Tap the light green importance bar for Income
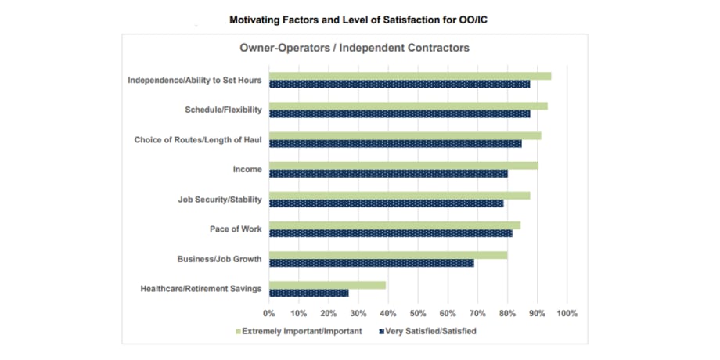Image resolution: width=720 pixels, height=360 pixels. tap(403, 166)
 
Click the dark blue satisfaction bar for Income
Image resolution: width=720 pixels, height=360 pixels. tap(388, 174)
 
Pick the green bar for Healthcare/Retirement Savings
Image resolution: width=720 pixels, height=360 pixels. tap(327, 285)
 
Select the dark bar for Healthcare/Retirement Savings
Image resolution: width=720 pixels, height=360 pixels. tap(308, 293)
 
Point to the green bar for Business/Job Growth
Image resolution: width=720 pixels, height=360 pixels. tap(388, 255)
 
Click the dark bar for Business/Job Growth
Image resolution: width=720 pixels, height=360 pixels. tap(371, 263)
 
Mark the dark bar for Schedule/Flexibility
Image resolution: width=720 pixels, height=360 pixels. tap(399, 114)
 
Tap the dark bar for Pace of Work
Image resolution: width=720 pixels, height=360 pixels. tap(391, 233)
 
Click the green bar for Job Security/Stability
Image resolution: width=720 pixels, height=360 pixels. tap(399, 196)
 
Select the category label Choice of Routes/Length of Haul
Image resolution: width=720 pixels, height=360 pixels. tap(198, 140)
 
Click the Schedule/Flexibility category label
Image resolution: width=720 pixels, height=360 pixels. tap(223, 110)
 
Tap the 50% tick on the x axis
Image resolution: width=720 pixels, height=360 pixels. tap(418, 313)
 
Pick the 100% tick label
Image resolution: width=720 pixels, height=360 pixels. tap(567, 313)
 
